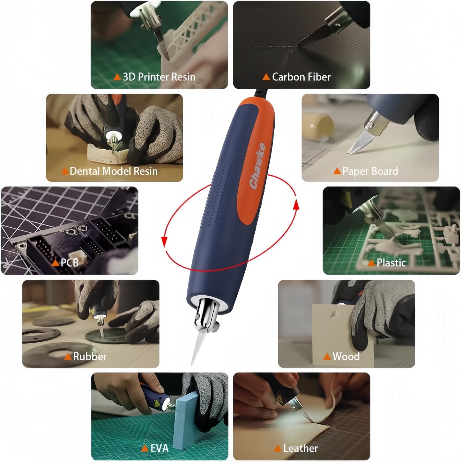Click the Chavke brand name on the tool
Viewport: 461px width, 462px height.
click(257, 166)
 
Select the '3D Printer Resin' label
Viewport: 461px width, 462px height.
click(159, 77)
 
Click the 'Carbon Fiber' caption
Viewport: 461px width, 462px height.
click(301, 77)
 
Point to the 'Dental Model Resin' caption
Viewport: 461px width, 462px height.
click(113, 171)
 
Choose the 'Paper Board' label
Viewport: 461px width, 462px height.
click(370, 171)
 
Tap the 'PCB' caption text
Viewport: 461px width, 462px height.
click(69, 262)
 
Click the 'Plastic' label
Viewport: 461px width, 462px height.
click(391, 262)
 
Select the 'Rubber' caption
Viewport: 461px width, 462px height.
click(90, 356)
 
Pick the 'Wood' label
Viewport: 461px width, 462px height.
click(346, 356)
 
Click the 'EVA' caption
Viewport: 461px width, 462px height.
click(159, 448)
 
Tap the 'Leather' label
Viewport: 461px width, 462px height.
click(300, 448)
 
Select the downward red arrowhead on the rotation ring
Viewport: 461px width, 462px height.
click(165, 242)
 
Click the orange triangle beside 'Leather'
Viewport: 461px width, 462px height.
click(278, 448)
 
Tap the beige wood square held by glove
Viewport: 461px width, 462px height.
click(335, 329)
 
